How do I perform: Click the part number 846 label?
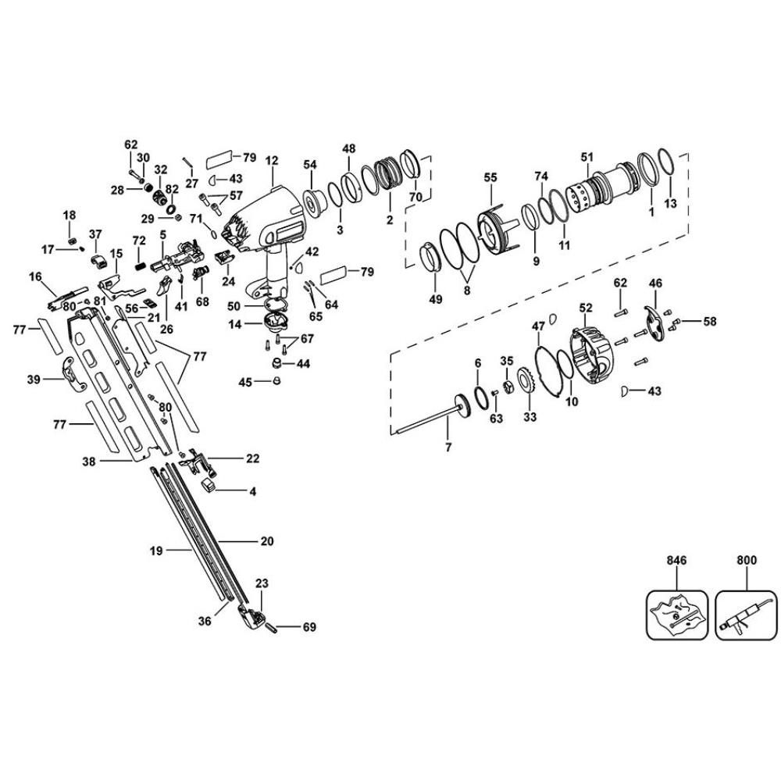click(676, 560)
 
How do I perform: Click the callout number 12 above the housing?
click(272, 162)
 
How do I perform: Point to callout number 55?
click(490, 178)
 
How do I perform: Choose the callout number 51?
click(587, 157)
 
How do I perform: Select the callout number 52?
click(587, 287)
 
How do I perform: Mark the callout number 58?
click(709, 321)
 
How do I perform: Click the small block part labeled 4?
click(209, 485)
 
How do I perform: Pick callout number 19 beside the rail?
click(155, 551)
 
